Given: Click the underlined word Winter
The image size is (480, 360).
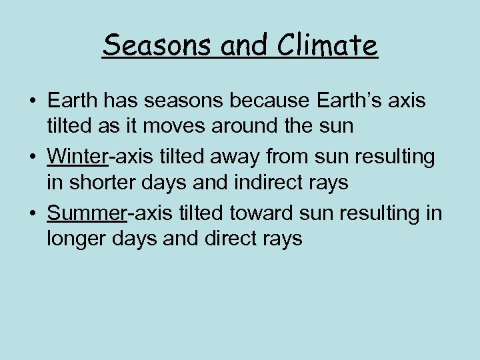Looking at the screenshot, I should pos(77,157).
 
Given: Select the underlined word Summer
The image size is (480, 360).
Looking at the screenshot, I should pos(87,213).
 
